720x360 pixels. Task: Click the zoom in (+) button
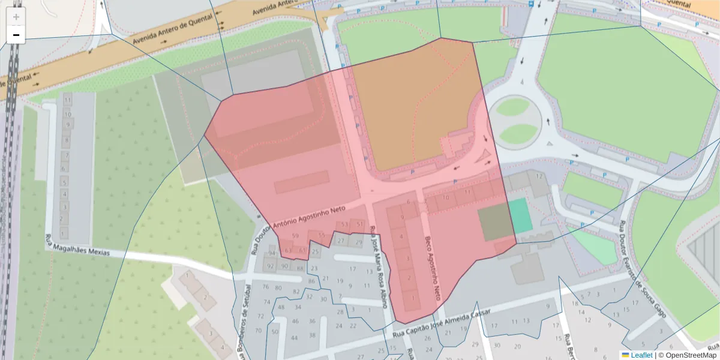16,17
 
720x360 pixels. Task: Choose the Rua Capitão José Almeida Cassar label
442,323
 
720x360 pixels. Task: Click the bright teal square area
520,215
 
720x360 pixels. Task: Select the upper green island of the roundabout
514,107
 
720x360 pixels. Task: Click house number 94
272,254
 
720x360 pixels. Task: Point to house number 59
295,236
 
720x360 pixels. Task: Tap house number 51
359,224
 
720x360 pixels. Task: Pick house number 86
311,281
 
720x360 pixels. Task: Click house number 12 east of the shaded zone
539,176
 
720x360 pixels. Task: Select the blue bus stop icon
530,4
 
